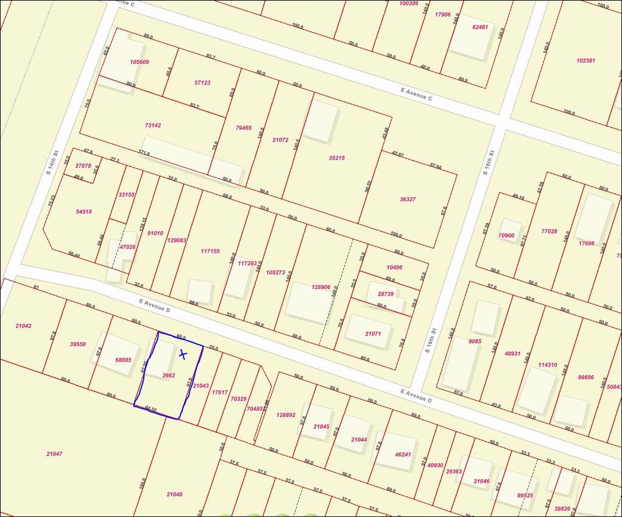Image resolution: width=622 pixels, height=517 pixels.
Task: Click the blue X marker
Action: [183, 354]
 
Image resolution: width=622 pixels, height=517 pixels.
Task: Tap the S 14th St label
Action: [52, 163]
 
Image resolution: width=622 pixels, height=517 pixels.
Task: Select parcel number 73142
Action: [153, 126]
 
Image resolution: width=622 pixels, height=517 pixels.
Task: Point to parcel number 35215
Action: [337, 158]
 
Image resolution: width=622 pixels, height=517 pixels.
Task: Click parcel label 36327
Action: [408, 199]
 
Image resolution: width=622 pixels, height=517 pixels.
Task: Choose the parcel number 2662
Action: [169, 376]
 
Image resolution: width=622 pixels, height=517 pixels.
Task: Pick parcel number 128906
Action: [320, 287]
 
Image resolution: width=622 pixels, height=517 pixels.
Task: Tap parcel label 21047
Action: [54, 454]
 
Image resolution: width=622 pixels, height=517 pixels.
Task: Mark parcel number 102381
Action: [585, 61]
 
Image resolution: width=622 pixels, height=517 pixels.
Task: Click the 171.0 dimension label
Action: [144, 153]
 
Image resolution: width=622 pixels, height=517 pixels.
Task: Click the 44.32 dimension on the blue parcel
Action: [150, 409]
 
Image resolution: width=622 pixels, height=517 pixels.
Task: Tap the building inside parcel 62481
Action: [469, 38]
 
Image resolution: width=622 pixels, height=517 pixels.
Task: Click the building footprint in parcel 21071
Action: [368, 332]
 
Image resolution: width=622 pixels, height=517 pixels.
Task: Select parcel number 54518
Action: [83, 212]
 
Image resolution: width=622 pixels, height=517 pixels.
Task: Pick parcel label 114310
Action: [547, 365]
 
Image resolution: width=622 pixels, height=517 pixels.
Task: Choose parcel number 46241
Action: [403, 454]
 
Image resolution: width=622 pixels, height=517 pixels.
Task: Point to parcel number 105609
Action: [139, 62]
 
